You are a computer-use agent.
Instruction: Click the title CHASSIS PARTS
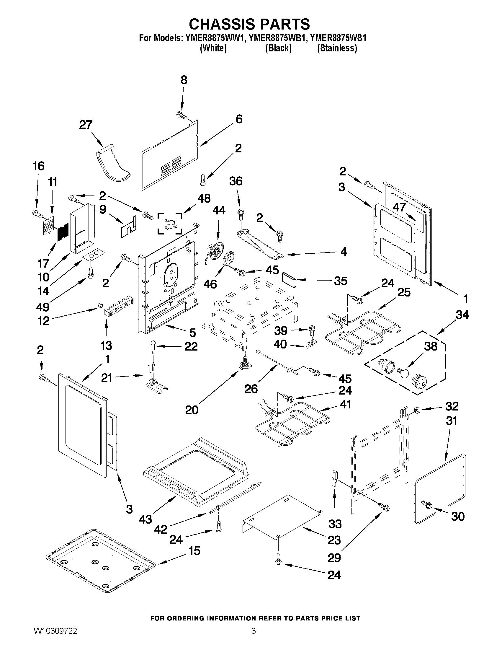[x=249, y=24]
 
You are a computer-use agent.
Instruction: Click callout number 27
[x=86, y=124]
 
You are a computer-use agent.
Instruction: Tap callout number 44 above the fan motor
[x=219, y=211]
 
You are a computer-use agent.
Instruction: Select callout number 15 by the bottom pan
[x=194, y=550]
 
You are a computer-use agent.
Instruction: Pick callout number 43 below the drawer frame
[x=145, y=519]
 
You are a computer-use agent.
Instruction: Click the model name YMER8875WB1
[x=278, y=38]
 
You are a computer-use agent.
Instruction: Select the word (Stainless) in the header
[x=337, y=48]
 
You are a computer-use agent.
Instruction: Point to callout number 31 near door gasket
[x=451, y=421]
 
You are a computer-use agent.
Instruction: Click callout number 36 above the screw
[x=236, y=181]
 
